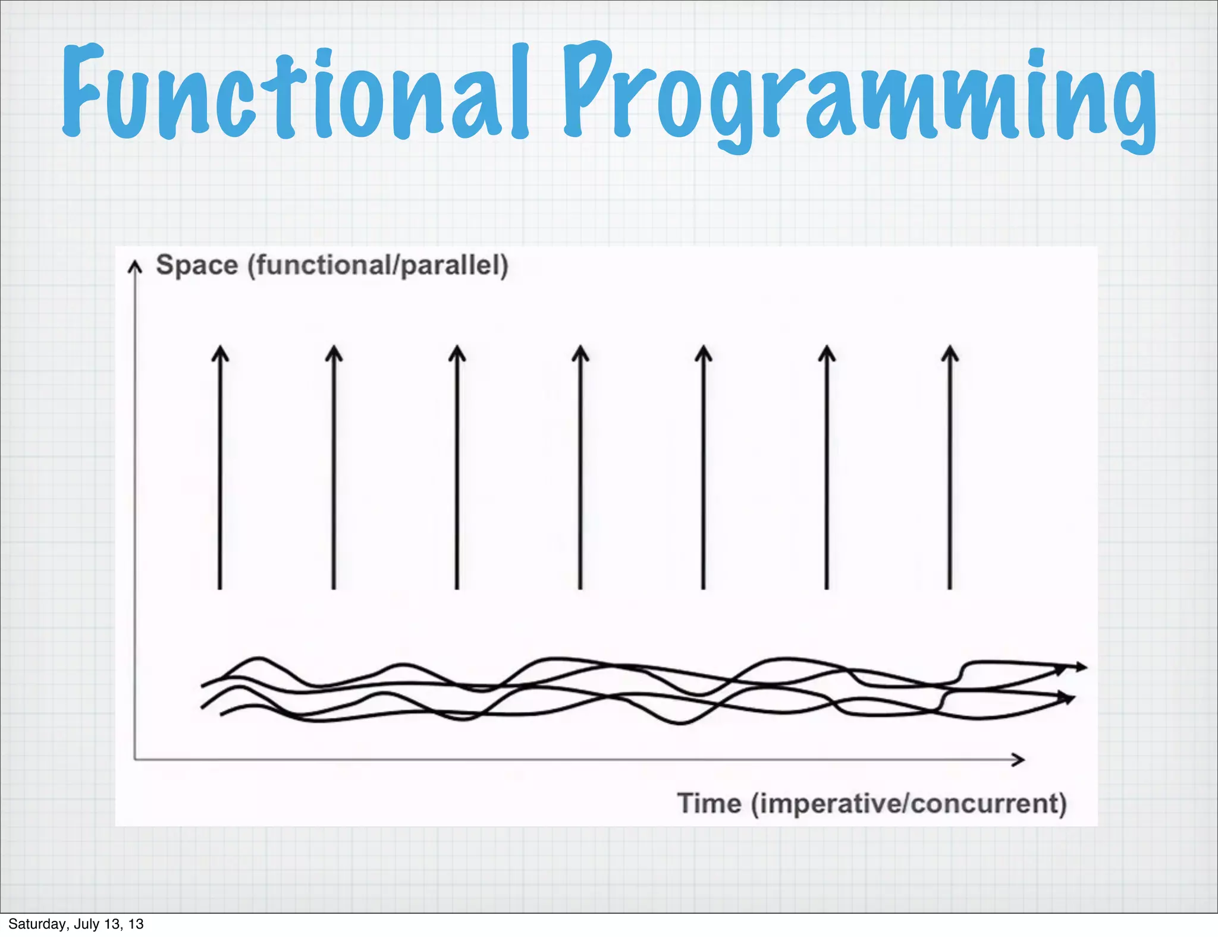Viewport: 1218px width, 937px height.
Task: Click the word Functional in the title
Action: pyautogui.click(x=295, y=92)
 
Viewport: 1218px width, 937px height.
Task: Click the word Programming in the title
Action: pyautogui.click(x=859, y=95)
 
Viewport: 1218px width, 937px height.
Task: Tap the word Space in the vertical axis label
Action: pyautogui.click(x=197, y=265)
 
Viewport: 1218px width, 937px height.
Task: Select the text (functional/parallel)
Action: pyautogui.click(x=378, y=265)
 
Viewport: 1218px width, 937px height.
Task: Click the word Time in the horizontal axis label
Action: pyautogui.click(x=710, y=803)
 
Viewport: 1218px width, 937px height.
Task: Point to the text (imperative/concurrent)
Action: pyautogui.click(x=909, y=804)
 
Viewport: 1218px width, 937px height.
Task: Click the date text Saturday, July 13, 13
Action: pyautogui.click(x=76, y=924)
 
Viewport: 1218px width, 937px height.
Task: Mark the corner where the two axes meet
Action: pyautogui.click(x=136, y=759)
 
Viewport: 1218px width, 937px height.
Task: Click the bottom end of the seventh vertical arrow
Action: pyautogui.click(x=950, y=587)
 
